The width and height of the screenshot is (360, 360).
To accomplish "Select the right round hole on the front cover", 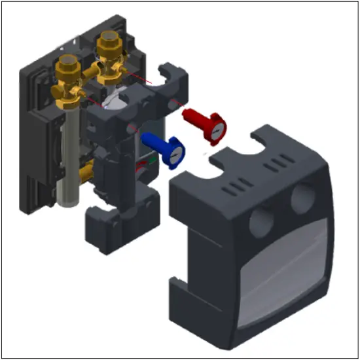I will [302, 197].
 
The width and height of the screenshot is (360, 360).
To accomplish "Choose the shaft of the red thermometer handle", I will [193, 117].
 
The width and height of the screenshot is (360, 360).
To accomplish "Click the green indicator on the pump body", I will [153, 158].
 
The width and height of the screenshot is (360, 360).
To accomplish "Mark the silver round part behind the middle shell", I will [118, 98].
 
